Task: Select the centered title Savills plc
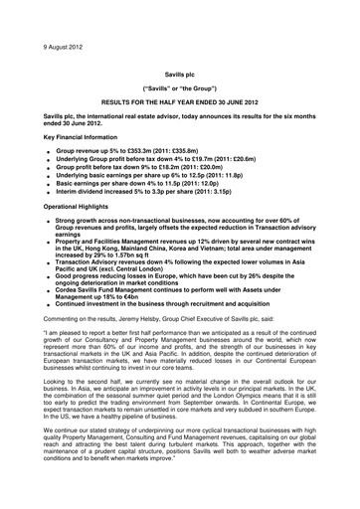(x=180, y=74)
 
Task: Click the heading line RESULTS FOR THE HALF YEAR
(x=180, y=102)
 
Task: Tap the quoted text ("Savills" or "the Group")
(x=180, y=88)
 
